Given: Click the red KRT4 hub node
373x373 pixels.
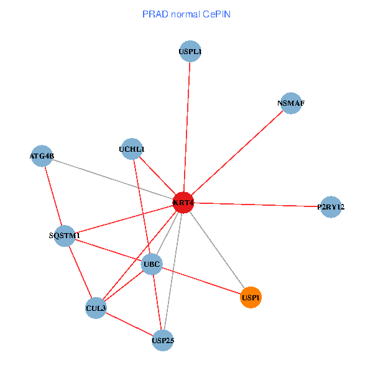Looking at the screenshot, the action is pos(183,203).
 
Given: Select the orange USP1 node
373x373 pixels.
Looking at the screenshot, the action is pos(251,297).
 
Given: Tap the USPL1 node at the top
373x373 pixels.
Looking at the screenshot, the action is pos(190,52).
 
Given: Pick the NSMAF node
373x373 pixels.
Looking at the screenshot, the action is pos(291,103).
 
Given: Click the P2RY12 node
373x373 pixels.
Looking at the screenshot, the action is pos(331,206).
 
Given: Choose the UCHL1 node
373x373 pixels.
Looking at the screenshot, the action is pos(131,149).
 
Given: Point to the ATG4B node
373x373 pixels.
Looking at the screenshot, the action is pos(42,155).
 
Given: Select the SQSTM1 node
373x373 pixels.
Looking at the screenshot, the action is pos(65,236).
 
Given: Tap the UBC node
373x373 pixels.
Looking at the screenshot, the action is pos(152,265).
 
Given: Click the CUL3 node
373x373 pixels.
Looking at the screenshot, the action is pos(96,308).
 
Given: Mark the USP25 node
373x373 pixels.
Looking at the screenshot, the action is pos(162,340).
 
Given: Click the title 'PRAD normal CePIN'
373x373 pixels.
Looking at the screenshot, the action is pos(186,14).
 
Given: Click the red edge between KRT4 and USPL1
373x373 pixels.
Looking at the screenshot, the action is pos(186,124).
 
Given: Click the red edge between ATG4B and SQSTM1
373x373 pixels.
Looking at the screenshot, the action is pos(53,195).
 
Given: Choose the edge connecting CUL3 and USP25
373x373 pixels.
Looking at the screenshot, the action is pos(129,324).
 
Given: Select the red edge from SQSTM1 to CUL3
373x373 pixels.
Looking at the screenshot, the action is pos(80,272).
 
